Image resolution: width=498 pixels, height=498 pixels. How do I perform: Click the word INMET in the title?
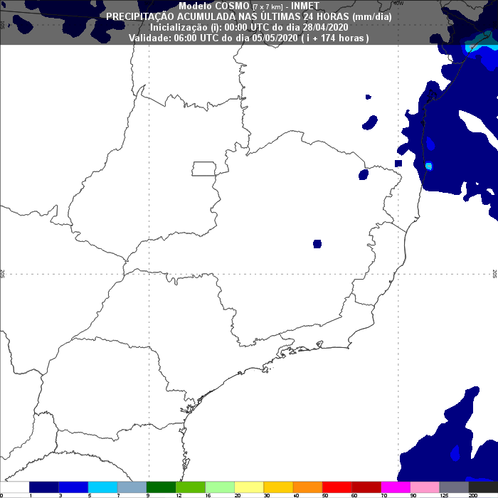point(305,6)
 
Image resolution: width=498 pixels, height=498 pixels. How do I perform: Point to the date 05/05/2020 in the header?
point(274,38)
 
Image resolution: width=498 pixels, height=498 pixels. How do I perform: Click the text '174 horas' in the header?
point(338,38)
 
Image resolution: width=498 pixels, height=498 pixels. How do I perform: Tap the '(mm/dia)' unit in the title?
point(373,16)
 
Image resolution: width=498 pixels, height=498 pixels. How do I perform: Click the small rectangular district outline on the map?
point(205,169)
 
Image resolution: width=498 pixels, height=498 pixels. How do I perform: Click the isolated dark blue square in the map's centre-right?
point(317,244)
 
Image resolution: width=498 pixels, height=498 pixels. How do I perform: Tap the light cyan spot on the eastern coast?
point(428,166)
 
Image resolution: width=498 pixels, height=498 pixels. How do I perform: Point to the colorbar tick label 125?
point(443,494)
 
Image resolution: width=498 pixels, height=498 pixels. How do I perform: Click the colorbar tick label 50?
point(325,494)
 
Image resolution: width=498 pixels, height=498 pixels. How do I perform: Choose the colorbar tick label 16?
point(207,494)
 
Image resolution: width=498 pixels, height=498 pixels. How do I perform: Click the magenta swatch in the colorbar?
point(396,487)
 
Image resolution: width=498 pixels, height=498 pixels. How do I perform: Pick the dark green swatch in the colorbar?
point(162,487)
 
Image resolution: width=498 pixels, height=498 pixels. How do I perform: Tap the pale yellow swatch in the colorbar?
point(250,487)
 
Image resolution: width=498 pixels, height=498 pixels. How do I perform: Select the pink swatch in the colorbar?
point(425,487)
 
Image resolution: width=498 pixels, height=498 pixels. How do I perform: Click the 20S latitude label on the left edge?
point(4,273)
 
